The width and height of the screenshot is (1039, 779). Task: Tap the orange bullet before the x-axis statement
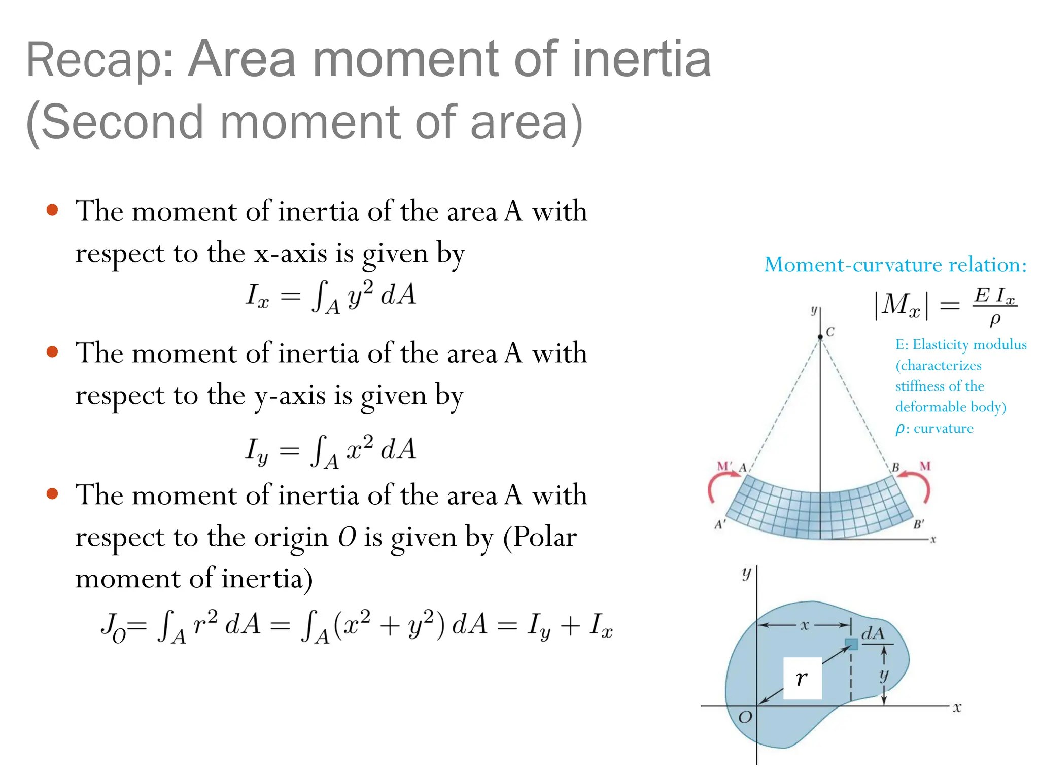pos(52,210)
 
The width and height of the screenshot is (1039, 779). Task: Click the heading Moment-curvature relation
pos(895,265)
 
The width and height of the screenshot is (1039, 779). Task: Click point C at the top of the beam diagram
pos(820,337)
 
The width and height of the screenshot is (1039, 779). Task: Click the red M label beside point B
pos(925,466)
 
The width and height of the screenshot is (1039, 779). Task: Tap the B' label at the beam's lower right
pos(919,524)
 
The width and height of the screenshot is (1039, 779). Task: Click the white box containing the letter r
pos(802,678)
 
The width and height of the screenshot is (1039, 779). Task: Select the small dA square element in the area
pos(851,644)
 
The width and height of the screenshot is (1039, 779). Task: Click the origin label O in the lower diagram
pos(745,717)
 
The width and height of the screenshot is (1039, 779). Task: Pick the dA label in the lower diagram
pos(873,633)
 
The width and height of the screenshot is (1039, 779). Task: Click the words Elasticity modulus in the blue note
pos(969,345)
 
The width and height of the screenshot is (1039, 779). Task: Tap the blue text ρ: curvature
pos(934,429)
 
